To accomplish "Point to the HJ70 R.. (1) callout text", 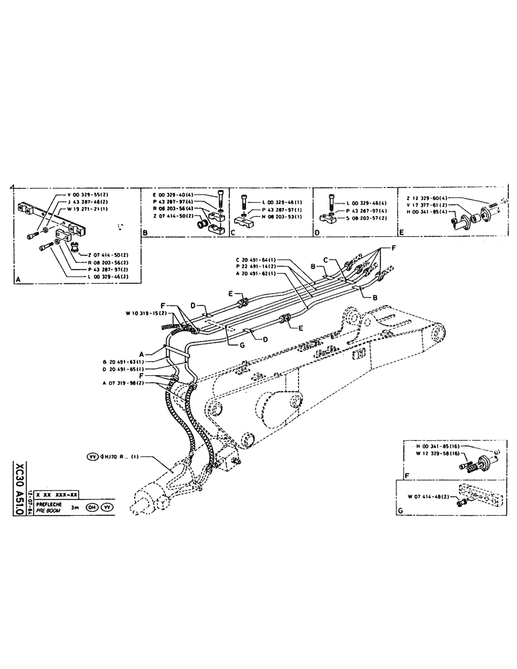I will coord(119,458).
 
